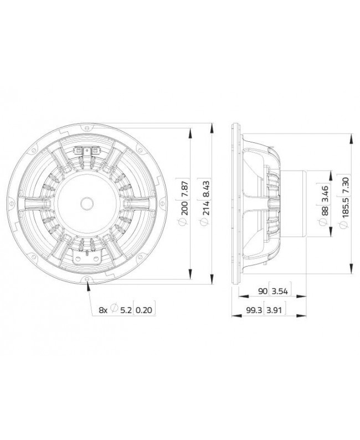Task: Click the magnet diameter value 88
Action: pyautogui.click(x=324, y=207)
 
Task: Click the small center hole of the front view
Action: pyautogui.click(x=88, y=203)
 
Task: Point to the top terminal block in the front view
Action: pyautogui.click(x=88, y=150)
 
